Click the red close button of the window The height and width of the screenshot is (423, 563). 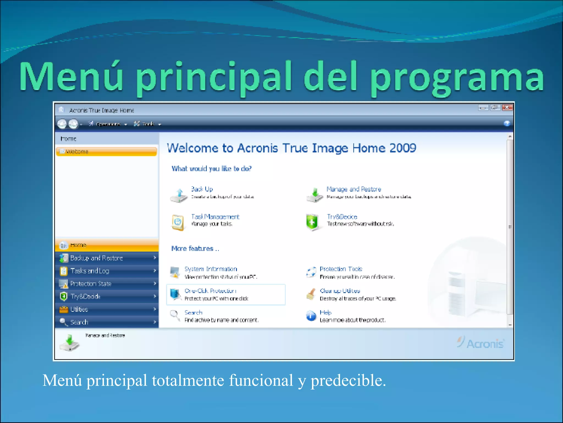pyautogui.click(x=507, y=107)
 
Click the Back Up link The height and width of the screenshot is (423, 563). pyautogui.click(x=202, y=189)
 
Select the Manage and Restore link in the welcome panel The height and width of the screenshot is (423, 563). pyautogui.click(x=354, y=189)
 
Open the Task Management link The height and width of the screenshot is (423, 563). pyautogui.click(x=215, y=217)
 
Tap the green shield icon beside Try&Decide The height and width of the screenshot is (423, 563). pyautogui.click(x=312, y=222)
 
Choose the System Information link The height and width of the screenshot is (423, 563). pyautogui.click(x=211, y=269)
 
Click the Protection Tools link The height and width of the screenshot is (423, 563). pyautogui.click(x=341, y=269)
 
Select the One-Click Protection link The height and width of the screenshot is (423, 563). pyautogui.click(x=210, y=291)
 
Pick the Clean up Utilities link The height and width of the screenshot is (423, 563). pyautogui.click(x=340, y=291)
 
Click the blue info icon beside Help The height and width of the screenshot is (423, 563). pyautogui.click(x=311, y=316)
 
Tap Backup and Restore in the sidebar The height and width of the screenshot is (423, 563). pyautogui.click(x=96, y=258)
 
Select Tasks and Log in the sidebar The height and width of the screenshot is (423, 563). pyautogui.click(x=90, y=271)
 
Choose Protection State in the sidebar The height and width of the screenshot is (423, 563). pyautogui.click(x=91, y=284)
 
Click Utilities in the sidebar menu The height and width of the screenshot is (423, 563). pyautogui.click(x=79, y=309)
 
